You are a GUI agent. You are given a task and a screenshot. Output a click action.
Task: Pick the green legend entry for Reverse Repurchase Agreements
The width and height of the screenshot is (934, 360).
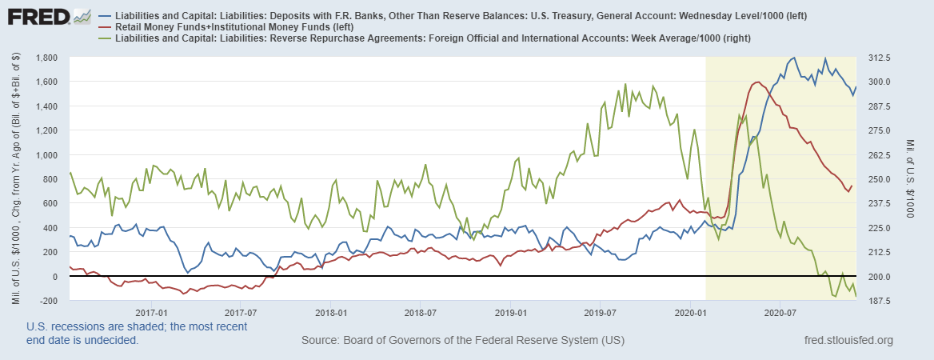pyautogui.click(x=423, y=38)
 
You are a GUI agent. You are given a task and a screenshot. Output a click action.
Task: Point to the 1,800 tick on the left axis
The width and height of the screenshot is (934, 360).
pyautogui.click(x=46, y=58)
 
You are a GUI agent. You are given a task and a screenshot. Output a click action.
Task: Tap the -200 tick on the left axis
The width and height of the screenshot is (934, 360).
pyautogui.click(x=49, y=301)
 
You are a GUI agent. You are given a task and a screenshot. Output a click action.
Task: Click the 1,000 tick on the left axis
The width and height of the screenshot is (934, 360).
pyautogui.click(x=46, y=155)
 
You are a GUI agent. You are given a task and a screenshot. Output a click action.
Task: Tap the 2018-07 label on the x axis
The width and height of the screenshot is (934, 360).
pyautogui.click(x=420, y=312)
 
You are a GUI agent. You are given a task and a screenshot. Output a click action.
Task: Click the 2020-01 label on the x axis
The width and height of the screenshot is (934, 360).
pyautogui.click(x=690, y=312)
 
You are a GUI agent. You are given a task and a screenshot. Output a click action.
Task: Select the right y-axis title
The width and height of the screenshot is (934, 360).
pyautogui.click(x=916, y=179)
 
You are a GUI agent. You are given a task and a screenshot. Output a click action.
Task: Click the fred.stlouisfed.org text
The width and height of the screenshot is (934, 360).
pyautogui.click(x=847, y=341)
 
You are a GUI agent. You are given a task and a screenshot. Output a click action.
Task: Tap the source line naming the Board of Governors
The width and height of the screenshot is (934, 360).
pyautogui.click(x=462, y=341)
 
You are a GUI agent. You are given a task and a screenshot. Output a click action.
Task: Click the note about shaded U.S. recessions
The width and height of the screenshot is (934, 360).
pyautogui.click(x=137, y=333)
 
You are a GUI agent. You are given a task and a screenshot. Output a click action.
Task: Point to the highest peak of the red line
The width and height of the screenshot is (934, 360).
pyautogui.click(x=756, y=82)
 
